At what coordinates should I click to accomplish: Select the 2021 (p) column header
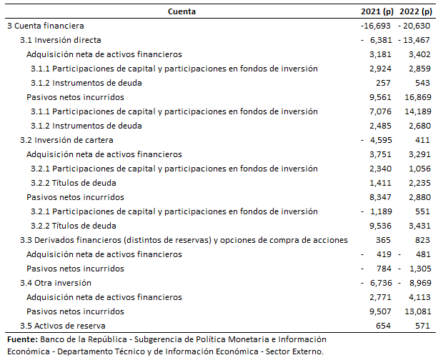coord(377,11)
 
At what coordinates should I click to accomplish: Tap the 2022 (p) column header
coord(417,11)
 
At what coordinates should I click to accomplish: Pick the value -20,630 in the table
coord(417,26)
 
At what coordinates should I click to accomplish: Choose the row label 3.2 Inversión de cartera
coord(66,140)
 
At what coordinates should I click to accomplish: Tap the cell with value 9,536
coord(380,226)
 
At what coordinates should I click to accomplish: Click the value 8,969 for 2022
coord(419,283)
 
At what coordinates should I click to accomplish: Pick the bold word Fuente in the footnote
coord(21,339)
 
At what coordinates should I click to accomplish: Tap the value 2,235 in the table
coord(419,183)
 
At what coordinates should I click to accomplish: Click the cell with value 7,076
coord(380,111)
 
